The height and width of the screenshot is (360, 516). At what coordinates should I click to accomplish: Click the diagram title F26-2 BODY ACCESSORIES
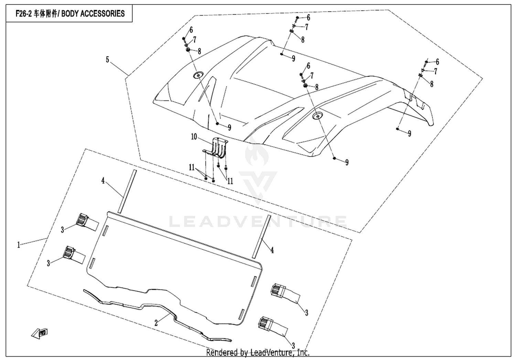point(70,14)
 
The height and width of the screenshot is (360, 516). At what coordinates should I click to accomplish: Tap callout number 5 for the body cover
point(107,60)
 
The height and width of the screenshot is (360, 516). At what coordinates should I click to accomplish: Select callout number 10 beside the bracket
point(194,137)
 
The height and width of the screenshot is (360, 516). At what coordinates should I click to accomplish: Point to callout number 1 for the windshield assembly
point(19,245)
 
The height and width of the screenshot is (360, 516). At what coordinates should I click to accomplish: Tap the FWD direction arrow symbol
point(40,333)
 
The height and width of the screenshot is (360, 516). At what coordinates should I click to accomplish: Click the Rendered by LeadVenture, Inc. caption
point(258,352)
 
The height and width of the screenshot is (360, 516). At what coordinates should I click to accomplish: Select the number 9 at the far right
point(409,134)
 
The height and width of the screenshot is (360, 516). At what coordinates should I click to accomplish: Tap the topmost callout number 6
point(308,18)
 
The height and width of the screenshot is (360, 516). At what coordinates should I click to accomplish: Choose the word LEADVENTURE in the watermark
point(258,221)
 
